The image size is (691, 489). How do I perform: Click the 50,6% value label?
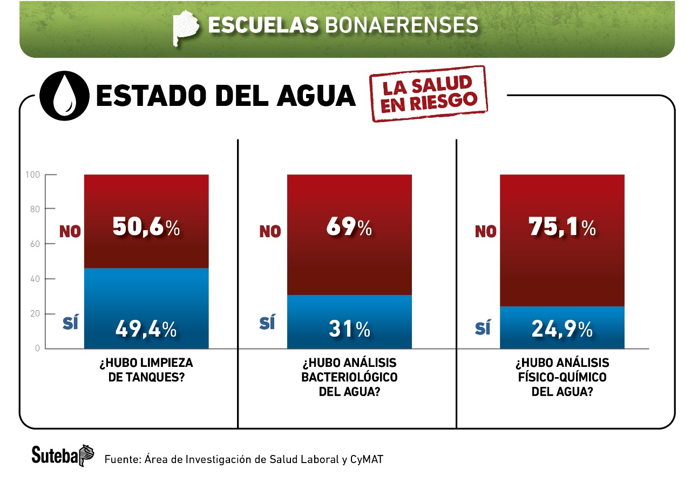146,227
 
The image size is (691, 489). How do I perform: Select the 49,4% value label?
146,329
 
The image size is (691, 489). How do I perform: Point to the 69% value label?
349,227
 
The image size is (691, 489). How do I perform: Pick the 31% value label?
349,329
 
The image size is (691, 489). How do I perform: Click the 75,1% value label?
562,227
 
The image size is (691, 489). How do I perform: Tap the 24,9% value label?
562,329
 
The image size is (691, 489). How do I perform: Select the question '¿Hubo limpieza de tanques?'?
146,370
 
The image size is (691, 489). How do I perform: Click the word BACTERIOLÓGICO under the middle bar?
349,377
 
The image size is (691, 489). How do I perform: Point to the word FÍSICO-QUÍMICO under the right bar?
562,377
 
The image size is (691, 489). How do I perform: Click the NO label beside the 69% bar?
270,232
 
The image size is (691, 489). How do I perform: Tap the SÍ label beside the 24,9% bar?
483,327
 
